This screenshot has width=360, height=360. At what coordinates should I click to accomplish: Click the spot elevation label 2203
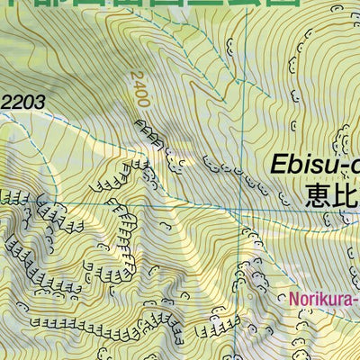coord(22,102)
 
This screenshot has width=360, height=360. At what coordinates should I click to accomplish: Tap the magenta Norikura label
coord(323,298)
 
